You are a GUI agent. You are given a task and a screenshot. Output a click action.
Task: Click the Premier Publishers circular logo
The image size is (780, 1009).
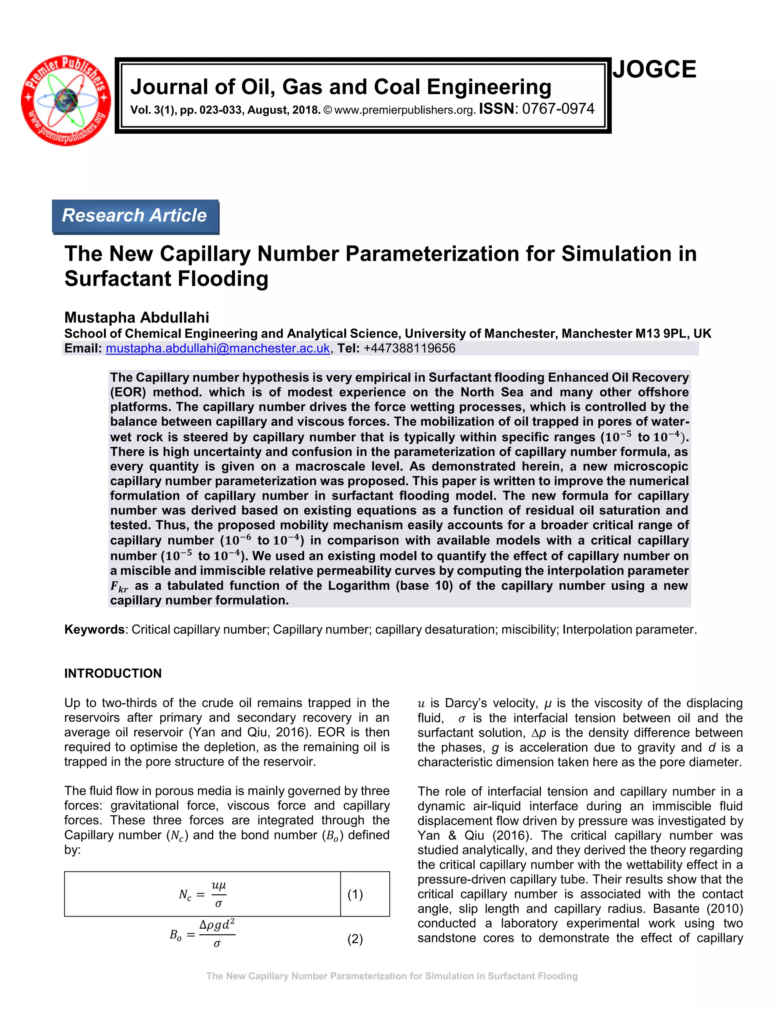[x=66, y=100]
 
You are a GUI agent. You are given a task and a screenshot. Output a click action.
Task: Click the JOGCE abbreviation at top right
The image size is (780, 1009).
[x=654, y=70]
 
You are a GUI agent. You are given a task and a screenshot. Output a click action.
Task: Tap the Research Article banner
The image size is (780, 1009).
[x=134, y=216]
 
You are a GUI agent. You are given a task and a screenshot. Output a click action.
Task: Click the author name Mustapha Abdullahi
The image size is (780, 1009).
[x=137, y=318]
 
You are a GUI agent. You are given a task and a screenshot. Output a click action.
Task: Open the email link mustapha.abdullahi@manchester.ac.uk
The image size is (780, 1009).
[x=217, y=348]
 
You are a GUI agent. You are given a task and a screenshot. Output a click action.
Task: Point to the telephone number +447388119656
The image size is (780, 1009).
[x=409, y=348]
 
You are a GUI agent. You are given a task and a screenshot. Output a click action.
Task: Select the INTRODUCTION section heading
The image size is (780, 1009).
[x=113, y=673]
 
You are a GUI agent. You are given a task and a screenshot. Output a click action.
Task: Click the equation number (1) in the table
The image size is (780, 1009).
[x=355, y=894]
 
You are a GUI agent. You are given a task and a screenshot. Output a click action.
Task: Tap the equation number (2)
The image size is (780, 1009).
[x=355, y=939]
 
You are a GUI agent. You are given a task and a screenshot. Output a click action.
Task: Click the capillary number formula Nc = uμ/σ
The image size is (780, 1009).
[x=202, y=894]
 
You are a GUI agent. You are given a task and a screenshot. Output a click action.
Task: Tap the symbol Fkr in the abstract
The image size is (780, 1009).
[x=119, y=587]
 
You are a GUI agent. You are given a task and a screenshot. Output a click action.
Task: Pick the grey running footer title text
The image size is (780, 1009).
[x=392, y=976]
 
